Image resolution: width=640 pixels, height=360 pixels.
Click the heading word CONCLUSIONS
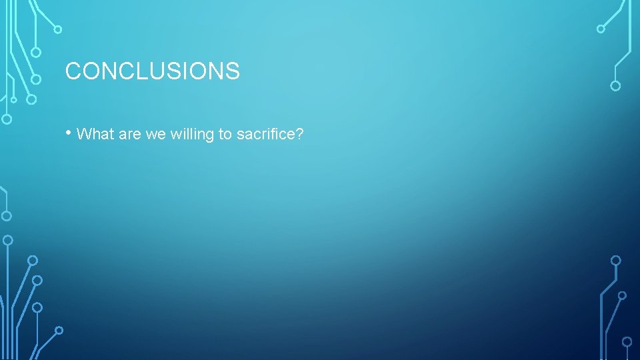tap(152, 71)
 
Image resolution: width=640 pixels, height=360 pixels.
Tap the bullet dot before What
tap(69, 133)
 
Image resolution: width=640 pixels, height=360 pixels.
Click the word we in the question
tap(156, 134)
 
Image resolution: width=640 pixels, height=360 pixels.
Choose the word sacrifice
tap(265, 134)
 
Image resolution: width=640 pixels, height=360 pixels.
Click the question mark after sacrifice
tap(299, 134)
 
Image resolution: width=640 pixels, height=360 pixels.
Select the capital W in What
tap(84, 134)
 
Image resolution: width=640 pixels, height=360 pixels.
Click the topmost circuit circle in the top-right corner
tap(601, 29)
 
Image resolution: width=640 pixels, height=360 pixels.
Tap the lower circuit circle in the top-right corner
tap(615, 85)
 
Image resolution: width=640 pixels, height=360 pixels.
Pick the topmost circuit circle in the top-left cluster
tap(58, 29)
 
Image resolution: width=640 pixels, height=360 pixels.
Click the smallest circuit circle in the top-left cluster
tap(14, 100)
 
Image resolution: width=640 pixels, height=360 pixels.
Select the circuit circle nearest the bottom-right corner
tap(627, 341)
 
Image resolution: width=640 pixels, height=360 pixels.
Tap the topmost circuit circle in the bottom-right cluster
tap(616, 260)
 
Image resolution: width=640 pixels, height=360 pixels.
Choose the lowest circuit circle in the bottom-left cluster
tap(59, 330)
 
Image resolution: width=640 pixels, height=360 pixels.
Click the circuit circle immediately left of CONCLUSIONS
tap(37, 79)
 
